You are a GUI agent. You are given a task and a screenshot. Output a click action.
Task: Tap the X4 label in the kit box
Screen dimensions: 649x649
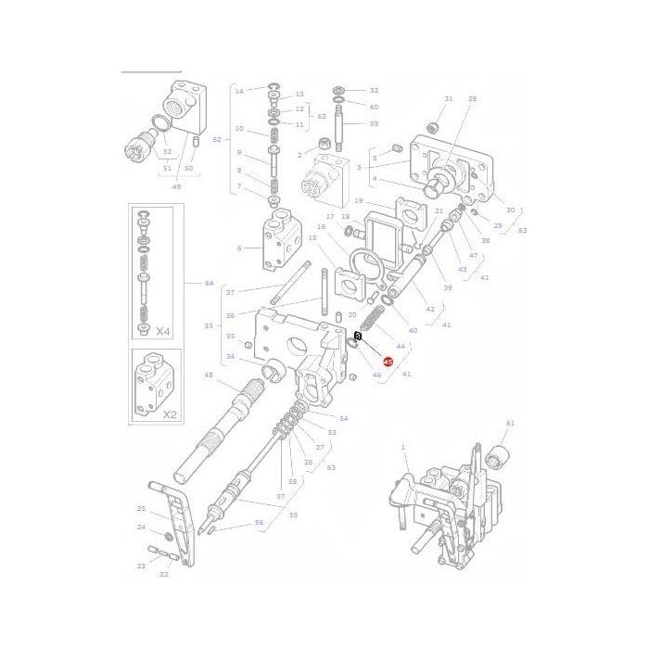[x=163, y=330]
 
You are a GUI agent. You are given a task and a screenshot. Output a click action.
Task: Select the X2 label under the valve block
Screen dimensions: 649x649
[x=169, y=414]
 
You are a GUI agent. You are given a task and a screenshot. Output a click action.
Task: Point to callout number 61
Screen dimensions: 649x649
[x=509, y=423]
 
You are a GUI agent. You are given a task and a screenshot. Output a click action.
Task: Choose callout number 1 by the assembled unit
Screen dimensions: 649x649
[x=403, y=448]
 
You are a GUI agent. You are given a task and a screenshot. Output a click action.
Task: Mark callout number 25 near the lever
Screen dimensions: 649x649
[x=141, y=508]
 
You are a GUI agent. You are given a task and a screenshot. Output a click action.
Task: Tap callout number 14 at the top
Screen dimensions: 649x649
[x=238, y=90]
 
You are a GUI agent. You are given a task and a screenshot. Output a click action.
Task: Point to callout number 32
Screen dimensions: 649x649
[x=374, y=90]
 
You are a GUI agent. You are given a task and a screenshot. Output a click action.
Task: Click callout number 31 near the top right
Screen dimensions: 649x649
[x=448, y=98]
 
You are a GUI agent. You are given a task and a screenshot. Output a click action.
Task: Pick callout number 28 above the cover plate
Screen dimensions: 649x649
[x=472, y=98]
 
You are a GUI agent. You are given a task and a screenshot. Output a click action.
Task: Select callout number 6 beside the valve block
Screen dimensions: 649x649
[x=238, y=248]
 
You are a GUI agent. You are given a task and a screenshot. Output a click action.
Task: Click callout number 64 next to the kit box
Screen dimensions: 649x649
[x=209, y=283]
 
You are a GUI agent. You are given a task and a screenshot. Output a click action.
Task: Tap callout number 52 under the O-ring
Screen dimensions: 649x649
[x=167, y=151]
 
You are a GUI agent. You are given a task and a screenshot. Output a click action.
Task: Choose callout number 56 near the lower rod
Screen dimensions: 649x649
[x=259, y=523]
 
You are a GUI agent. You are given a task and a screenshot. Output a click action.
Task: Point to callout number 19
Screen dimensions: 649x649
[x=358, y=200]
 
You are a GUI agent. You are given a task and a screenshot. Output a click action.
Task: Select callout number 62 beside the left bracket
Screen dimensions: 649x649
[x=217, y=140]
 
